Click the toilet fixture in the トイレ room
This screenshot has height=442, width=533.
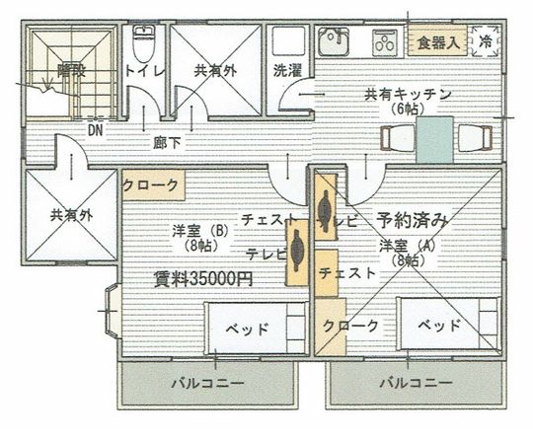[x=143, y=44]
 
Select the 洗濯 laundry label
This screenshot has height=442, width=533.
[x=287, y=71]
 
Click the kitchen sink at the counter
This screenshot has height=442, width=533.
[x=333, y=41]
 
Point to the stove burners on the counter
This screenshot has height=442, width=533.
[x=384, y=42]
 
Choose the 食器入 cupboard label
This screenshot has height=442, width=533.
[x=436, y=42]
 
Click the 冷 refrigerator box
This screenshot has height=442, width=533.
[x=486, y=41]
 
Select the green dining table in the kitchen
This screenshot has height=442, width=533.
[x=434, y=139]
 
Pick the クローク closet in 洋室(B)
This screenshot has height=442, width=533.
[x=151, y=184]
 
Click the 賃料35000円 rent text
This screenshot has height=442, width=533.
[x=202, y=278]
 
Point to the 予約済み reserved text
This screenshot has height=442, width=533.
[x=413, y=218]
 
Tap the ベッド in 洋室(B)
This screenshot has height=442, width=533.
[x=256, y=328]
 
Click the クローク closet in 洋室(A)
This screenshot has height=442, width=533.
[x=350, y=326]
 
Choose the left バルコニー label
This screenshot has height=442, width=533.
[x=206, y=382]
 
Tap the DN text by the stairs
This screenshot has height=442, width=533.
[x=96, y=128]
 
